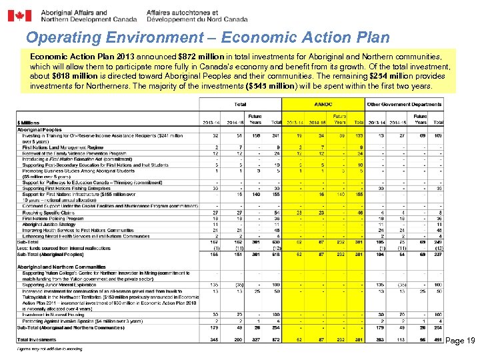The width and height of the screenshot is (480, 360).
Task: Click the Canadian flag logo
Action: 19,15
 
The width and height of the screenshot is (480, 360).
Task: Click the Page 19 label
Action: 460,341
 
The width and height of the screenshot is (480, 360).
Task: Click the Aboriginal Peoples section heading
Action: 39,130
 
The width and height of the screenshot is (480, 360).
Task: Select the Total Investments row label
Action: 39,340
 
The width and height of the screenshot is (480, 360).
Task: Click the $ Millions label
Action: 29,122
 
